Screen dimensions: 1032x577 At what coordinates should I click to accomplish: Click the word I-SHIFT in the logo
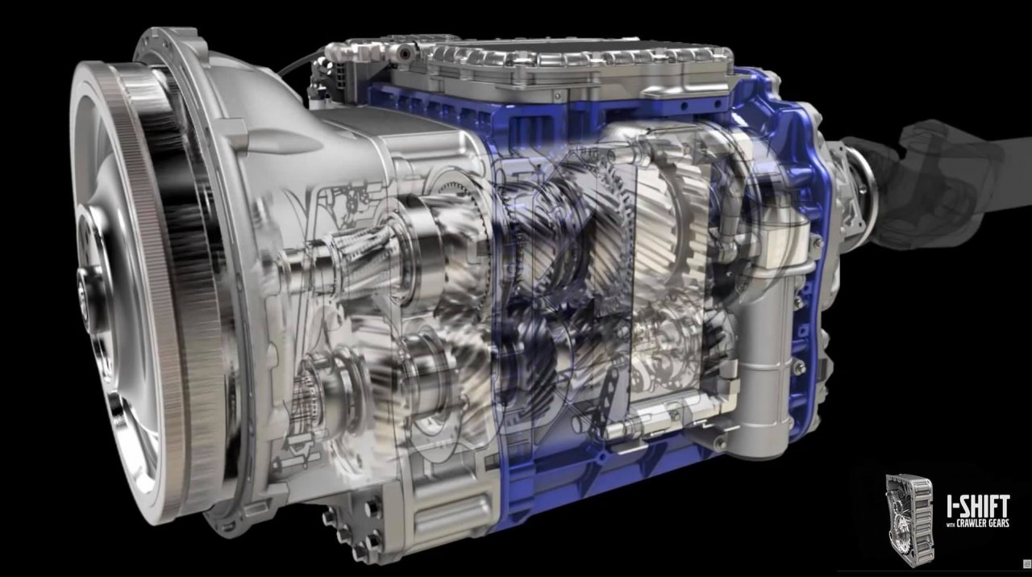979,507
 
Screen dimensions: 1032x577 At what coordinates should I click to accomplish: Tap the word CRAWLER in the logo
973,524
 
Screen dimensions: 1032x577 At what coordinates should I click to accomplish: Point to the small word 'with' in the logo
951,525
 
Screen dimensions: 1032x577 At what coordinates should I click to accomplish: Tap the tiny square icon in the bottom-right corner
1027,563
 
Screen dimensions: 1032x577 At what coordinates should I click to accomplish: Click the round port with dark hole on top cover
405,54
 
